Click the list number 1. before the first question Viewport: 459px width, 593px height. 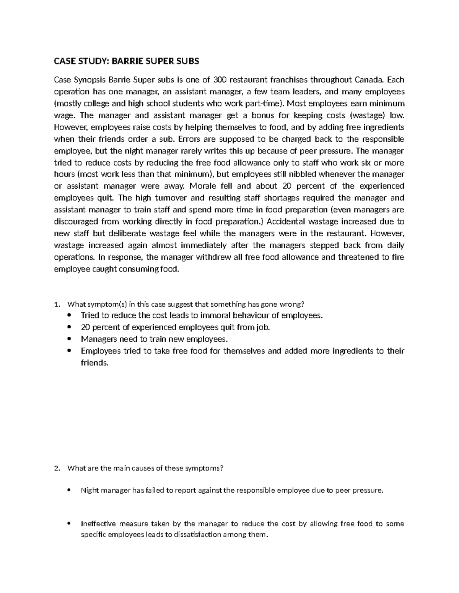point(57,304)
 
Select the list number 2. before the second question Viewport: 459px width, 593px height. point(57,469)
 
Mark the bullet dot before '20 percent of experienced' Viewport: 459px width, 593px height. point(69,328)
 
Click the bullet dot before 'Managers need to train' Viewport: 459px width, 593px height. point(69,339)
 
